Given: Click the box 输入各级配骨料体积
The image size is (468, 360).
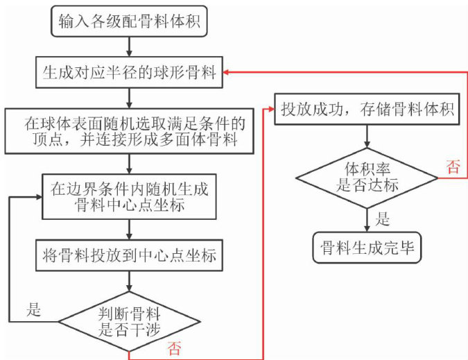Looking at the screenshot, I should [x=130, y=22].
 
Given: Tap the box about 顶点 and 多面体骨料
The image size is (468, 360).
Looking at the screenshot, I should [x=130, y=130].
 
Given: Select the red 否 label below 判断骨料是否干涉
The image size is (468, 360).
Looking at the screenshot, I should [x=175, y=348].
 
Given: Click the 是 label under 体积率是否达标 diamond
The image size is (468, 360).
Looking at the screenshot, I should [x=381, y=221].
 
